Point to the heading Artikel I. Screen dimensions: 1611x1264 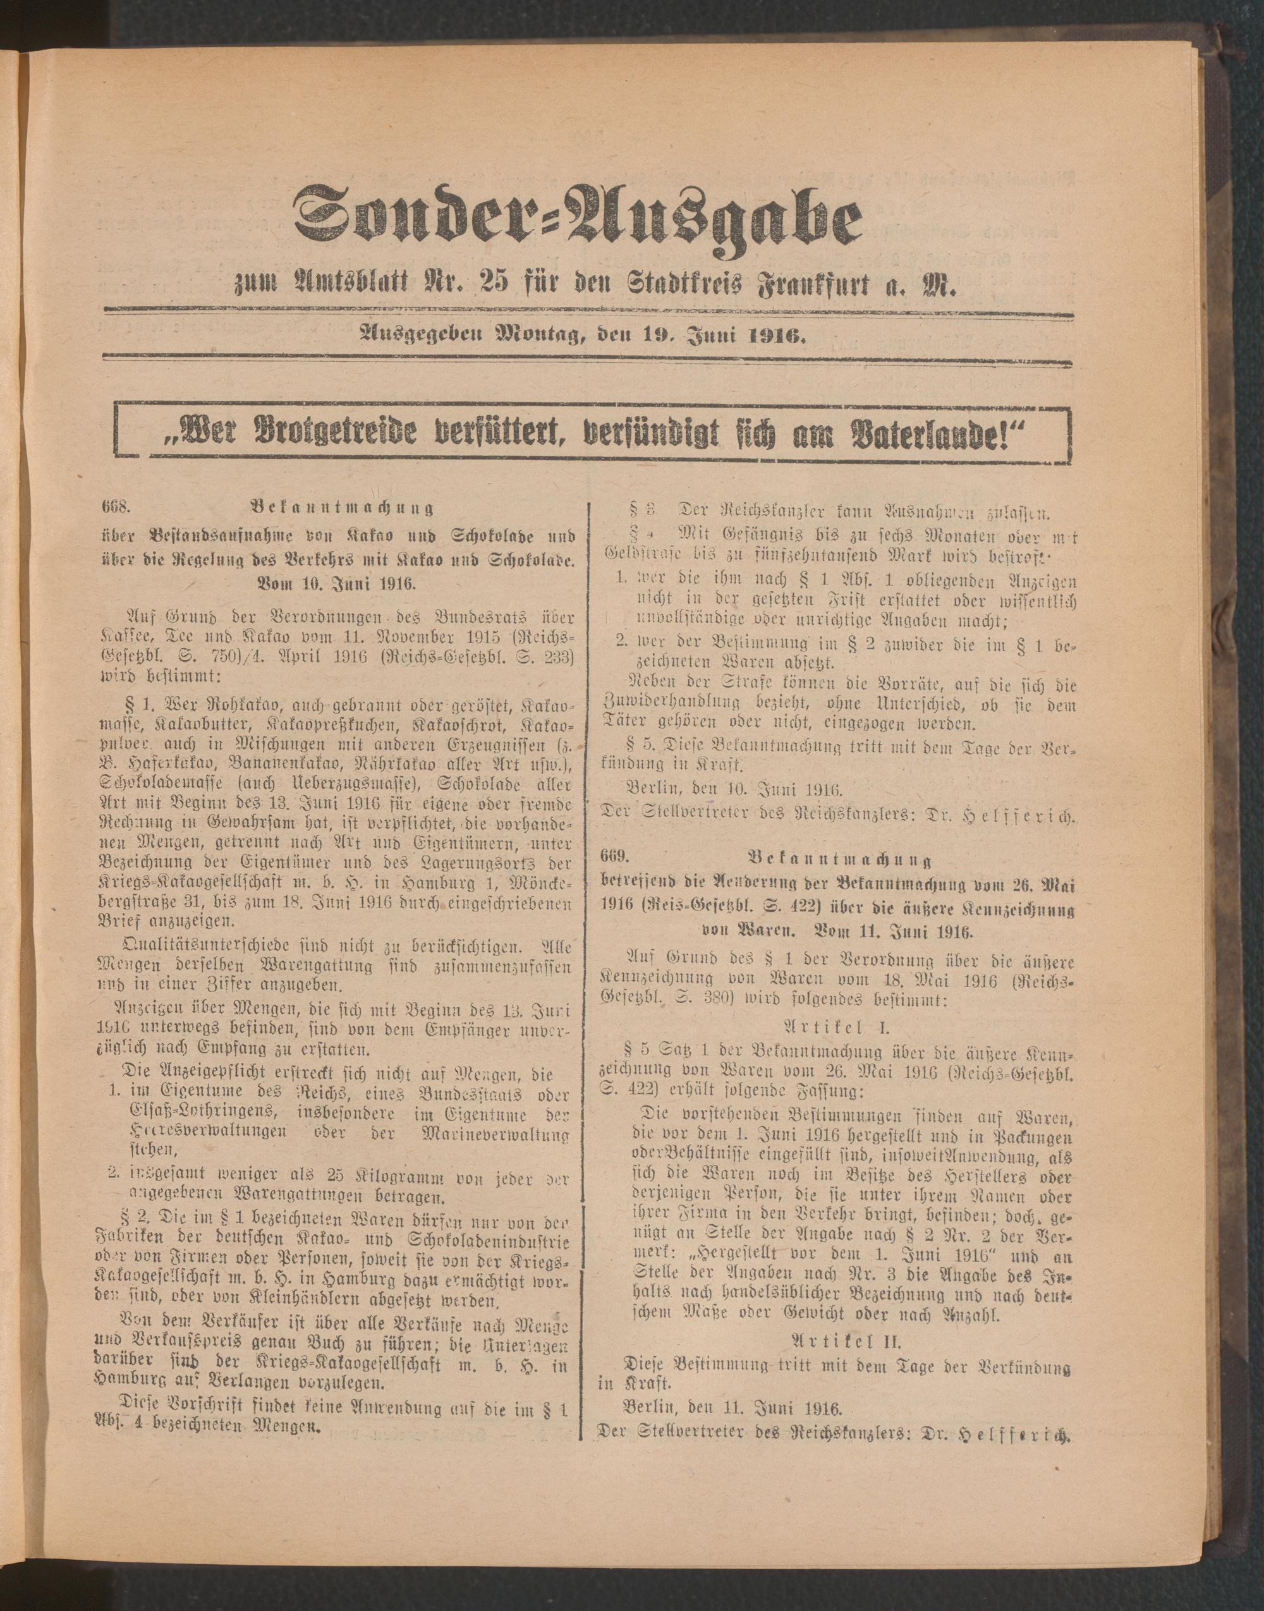pos(839,1027)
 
